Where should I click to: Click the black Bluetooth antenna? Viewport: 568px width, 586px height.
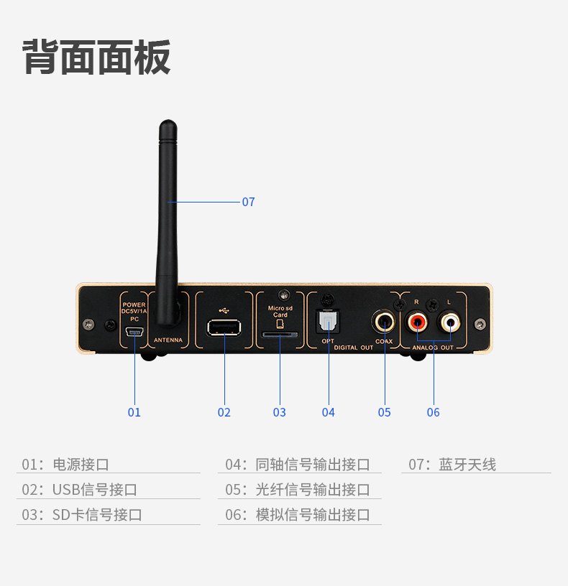tap(168, 215)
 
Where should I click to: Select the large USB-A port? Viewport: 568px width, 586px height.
tap(224, 328)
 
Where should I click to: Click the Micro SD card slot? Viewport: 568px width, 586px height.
tap(280, 335)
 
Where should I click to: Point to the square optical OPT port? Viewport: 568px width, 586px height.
tap(328, 321)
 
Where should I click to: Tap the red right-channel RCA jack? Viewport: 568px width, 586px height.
tap(418, 321)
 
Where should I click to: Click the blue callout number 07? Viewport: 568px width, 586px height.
tap(248, 203)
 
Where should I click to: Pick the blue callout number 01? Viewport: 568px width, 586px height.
tap(134, 412)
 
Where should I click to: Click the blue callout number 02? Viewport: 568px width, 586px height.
tap(224, 412)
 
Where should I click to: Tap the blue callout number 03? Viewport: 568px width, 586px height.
tap(280, 412)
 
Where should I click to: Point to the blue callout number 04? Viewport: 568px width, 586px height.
tap(329, 412)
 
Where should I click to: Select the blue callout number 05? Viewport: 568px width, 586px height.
tap(385, 412)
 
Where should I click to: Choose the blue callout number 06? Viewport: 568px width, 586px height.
tap(433, 412)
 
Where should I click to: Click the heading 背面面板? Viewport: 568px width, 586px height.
tap(97, 57)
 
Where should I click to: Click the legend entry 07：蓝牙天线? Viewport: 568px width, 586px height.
tap(452, 465)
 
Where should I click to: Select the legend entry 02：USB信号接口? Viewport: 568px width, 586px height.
tap(80, 490)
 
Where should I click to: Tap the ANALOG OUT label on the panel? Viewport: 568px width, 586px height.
tap(433, 348)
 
